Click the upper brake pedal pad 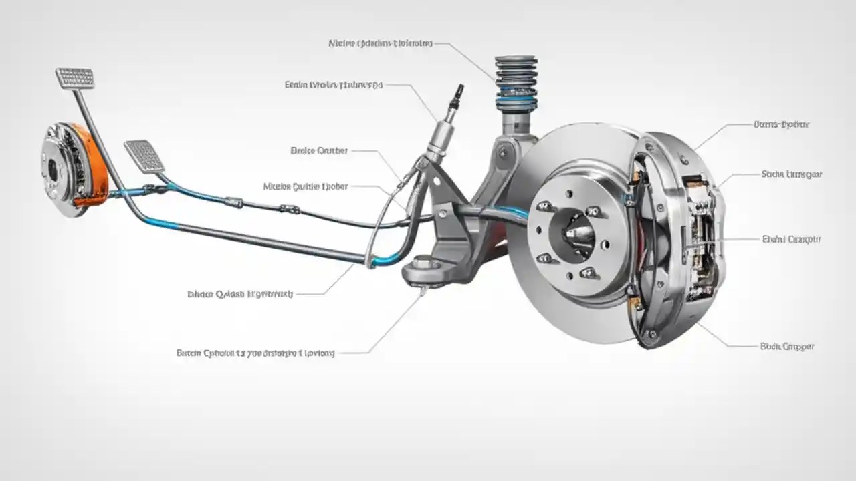tap(75, 77)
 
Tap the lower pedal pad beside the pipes tap(144, 156)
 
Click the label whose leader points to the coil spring tap(381, 43)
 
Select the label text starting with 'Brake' tap(319, 151)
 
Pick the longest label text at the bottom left tap(255, 352)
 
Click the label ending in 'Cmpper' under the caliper tap(787, 347)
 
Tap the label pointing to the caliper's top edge tap(782, 124)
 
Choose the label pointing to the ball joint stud tap(240, 293)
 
